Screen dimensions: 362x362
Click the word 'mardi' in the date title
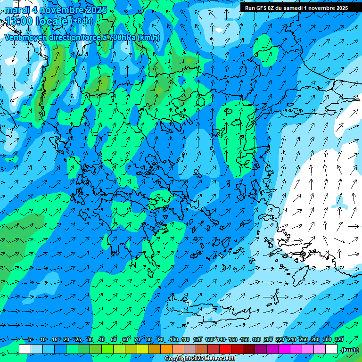point(16,10)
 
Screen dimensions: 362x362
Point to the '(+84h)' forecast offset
point(82,21)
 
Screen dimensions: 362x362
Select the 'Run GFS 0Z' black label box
point(296,8)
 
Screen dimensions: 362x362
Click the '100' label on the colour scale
point(174,340)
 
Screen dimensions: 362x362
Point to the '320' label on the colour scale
point(338,340)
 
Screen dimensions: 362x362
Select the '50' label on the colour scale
point(114,340)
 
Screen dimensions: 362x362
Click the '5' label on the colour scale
point(30,340)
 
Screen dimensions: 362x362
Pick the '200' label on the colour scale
point(268,340)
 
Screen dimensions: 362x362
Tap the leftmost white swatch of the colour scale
point(25,349)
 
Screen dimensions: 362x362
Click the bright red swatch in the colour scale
point(225,349)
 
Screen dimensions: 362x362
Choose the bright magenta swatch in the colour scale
point(284,349)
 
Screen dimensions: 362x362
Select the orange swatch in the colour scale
point(166,349)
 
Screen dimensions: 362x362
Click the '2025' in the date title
point(96,10)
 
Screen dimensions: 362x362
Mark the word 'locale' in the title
point(52,21)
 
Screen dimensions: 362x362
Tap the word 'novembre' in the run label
point(318,8)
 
